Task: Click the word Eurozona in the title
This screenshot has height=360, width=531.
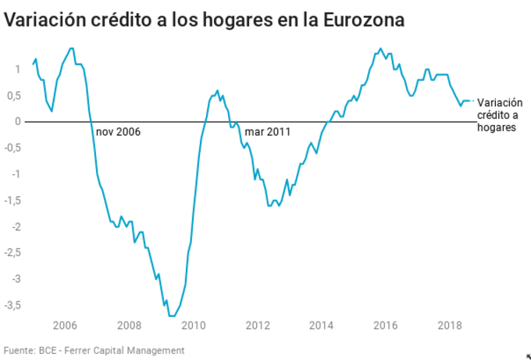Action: pos(366,20)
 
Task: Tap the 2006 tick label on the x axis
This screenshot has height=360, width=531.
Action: pos(64,325)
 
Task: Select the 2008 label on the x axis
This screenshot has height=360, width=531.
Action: pos(129,325)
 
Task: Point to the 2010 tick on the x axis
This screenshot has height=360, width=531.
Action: pos(194,325)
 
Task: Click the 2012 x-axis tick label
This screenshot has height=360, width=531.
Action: pos(258,325)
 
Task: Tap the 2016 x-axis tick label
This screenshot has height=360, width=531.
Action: pos(386,325)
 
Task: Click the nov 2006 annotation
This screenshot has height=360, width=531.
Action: pos(118,132)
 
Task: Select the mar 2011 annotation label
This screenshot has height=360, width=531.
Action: pos(267,132)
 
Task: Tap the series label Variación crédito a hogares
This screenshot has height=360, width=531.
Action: pos(499,115)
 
